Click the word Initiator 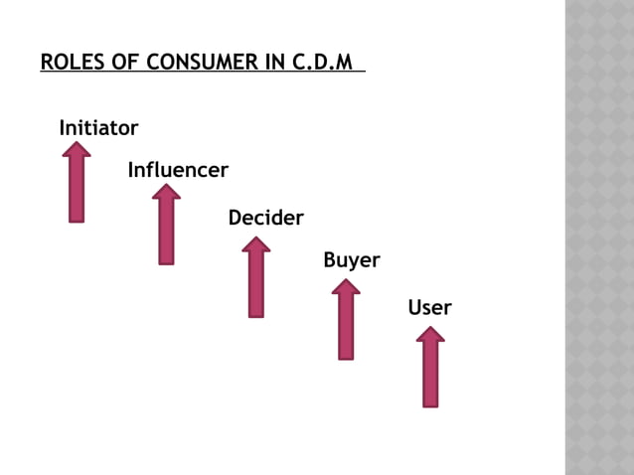(98, 128)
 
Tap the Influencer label (178, 171)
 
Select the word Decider (265, 218)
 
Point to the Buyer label (351, 260)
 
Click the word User (429, 308)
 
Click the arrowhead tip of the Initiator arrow (77, 145)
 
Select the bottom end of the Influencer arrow (166, 260)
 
